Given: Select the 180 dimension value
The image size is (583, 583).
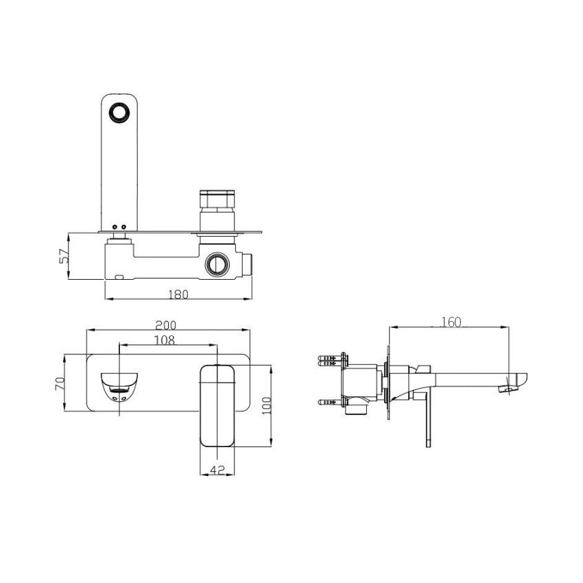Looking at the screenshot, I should coord(178,294).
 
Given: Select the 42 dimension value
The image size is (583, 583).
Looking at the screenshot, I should coord(217,470).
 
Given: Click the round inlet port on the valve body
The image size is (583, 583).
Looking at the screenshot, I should coord(218,264).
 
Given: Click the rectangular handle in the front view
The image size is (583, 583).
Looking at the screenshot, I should coord(217,405).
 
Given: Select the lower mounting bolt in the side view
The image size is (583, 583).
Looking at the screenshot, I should coord(333,402).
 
